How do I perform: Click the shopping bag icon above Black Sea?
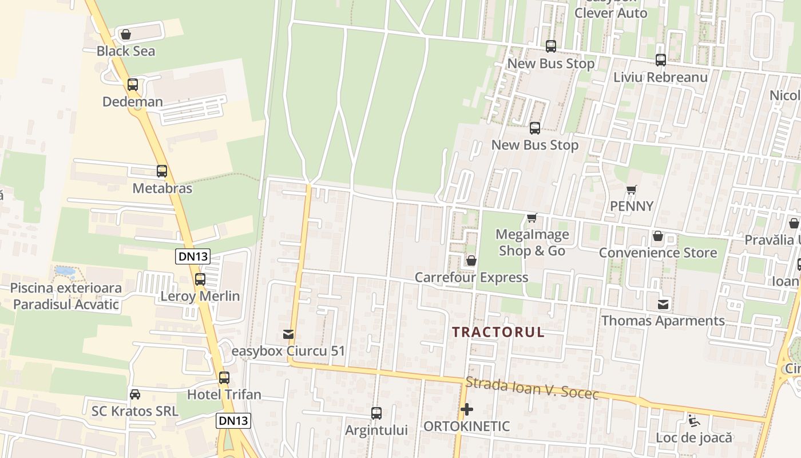126,34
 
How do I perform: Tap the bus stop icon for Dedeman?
133,85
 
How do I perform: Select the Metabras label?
162,188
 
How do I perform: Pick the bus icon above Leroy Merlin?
200,279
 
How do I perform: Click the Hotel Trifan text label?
224,394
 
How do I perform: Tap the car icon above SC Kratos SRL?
135,394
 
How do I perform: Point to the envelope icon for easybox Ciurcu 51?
288,334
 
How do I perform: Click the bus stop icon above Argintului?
376,413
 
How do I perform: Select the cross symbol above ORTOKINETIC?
467,409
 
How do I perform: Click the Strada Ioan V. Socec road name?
532,388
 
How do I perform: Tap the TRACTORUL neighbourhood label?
498,332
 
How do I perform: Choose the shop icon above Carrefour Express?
471,261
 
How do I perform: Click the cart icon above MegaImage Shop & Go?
532,218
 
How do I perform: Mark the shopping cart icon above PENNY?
632,189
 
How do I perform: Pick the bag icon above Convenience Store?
658,236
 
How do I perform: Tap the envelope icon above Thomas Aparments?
663,304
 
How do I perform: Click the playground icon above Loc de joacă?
694,421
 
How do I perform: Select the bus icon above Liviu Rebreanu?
661,60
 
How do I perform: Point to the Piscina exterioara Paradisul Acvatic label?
66,296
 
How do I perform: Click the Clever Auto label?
611,13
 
